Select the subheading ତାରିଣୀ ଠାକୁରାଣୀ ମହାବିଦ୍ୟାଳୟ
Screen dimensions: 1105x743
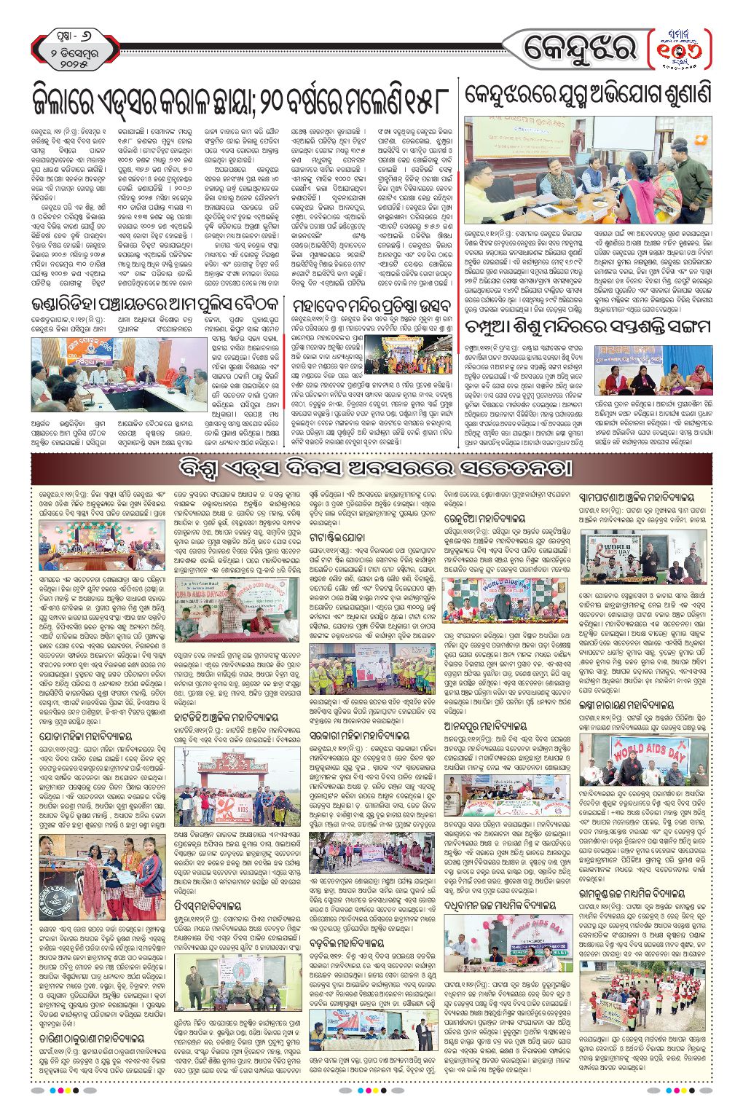(x=93, y=1038)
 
